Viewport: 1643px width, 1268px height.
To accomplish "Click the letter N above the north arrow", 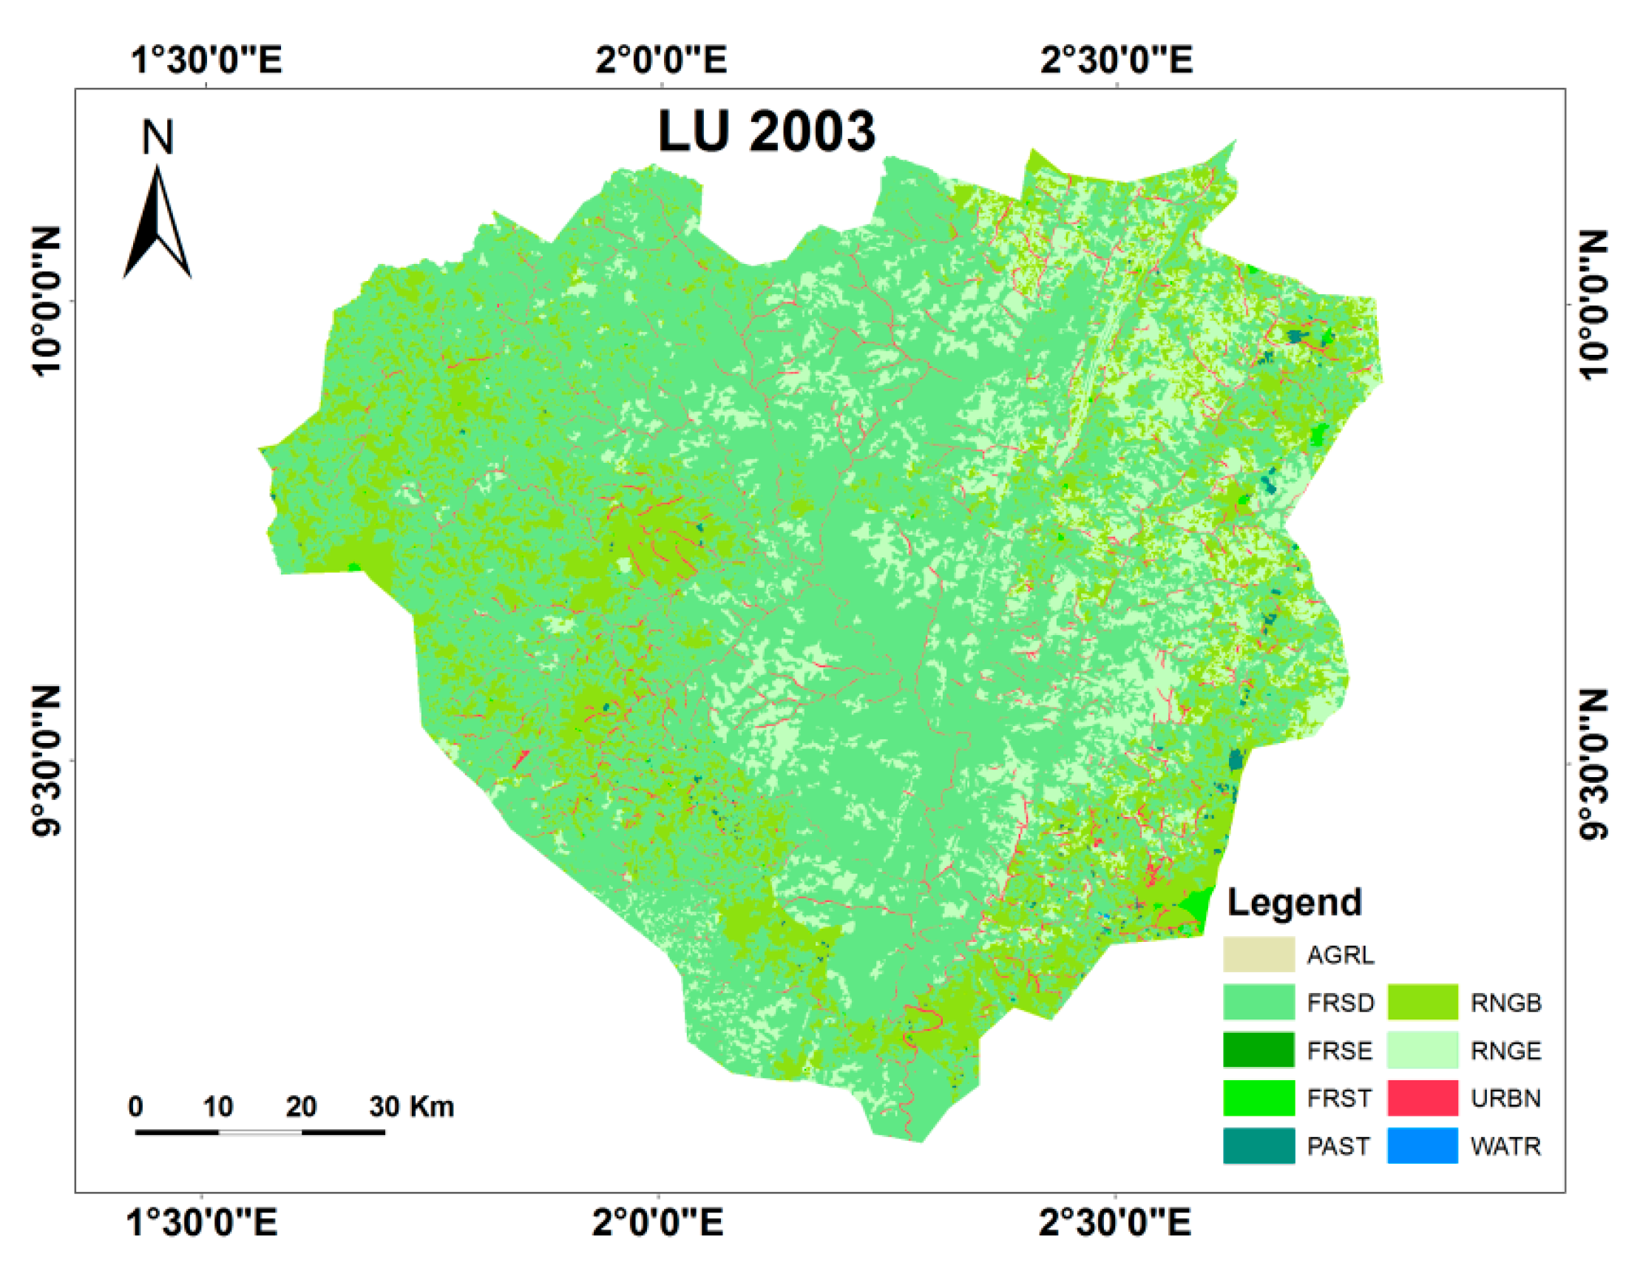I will pos(158,137).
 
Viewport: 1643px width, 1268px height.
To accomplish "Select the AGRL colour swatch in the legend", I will pos(1258,955).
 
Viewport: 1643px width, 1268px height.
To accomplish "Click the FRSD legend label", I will pos(1341,1003).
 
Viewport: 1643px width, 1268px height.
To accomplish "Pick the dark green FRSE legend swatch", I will pos(1258,1050).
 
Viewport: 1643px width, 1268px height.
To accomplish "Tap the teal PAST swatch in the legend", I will pos(1258,1145).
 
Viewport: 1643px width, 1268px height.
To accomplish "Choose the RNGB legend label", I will pos(1505,1003).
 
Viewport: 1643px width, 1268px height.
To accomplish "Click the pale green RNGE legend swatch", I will pos(1422,1050).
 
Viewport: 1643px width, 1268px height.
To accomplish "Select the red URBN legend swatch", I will pos(1422,1098).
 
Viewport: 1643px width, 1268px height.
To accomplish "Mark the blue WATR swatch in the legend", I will pos(1422,1145).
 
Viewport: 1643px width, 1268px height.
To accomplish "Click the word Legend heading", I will pos(1294,903).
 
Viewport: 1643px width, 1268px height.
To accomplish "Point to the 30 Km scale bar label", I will pos(412,1106).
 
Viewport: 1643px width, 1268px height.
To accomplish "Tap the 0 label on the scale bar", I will pos(135,1106).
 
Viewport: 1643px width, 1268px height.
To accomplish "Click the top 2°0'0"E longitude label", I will pos(661,59).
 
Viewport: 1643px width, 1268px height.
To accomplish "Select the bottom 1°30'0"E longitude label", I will pos(203,1222).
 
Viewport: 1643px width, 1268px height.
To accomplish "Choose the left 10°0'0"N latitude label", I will pos(47,301).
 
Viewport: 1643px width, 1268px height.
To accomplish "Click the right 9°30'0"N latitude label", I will pos(1595,763).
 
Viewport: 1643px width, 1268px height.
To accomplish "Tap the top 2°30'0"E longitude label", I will pos(1117,59).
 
